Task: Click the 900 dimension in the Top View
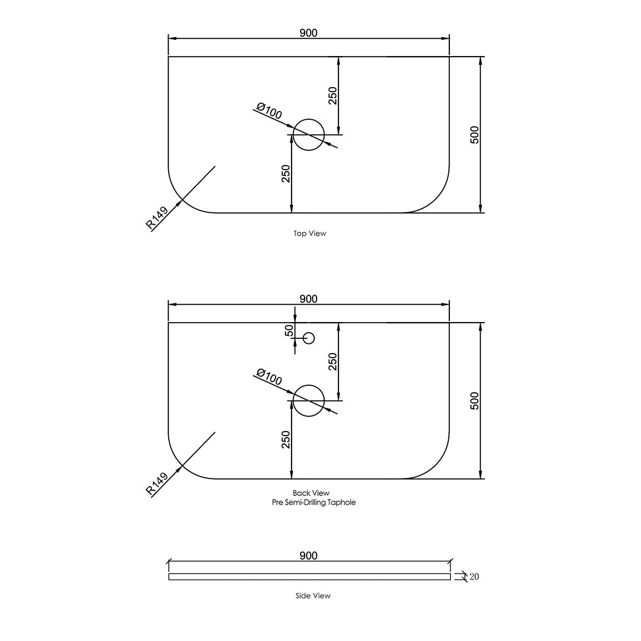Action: coord(308,33)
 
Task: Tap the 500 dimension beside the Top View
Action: coord(474,135)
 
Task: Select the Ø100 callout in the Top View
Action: coord(269,111)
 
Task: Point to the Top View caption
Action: coord(310,234)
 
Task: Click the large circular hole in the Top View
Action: coord(309,135)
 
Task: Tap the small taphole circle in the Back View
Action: coord(309,338)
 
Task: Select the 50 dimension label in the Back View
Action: coord(289,331)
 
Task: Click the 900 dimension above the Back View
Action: coord(308,299)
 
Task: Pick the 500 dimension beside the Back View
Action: coord(474,400)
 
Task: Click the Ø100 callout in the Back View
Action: coord(269,377)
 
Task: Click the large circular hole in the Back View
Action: coord(309,400)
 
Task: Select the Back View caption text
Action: coord(311,493)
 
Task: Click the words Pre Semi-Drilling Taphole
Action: coord(314,502)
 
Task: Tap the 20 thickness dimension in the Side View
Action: coord(474,577)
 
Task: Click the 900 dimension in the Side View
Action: coord(308,555)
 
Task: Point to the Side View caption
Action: coord(313,596)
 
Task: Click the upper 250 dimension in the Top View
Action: coord(332,96)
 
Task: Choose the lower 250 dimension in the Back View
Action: coord(285,440)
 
